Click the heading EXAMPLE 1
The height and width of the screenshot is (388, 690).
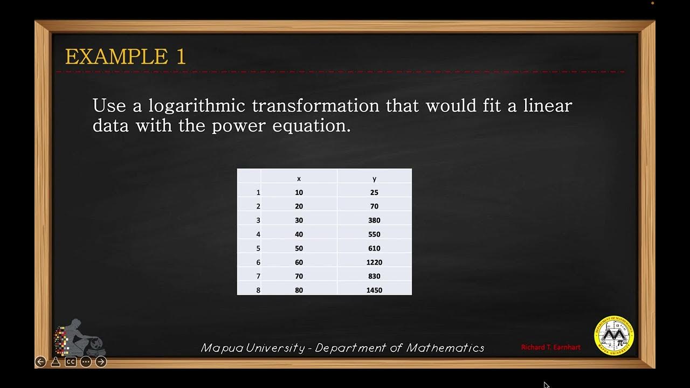tap(125, 57)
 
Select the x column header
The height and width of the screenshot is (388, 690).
tap(299, 178)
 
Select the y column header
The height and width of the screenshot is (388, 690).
tap(374, 178)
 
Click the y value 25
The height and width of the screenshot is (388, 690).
tap(374, 192)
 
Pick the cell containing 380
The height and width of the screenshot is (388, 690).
tap(374, 220)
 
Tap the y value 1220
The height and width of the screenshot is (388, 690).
tap(374, 262)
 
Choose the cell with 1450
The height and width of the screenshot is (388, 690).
tap(374, 290)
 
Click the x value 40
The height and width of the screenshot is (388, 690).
tap(299, 234)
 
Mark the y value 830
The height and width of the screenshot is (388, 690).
tap(374, 276)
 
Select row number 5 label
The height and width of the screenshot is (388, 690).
tap(258, 248)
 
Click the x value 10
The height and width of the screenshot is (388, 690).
tap(299, 192)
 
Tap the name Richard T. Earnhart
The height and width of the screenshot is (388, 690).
tap(550, 348)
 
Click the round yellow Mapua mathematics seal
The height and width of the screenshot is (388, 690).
tap(614, 336)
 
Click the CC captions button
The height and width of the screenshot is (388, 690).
tap(71, 362)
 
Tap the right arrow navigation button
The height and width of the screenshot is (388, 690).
tap(101, 362)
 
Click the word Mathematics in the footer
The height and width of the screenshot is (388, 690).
tap(445, 348)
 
